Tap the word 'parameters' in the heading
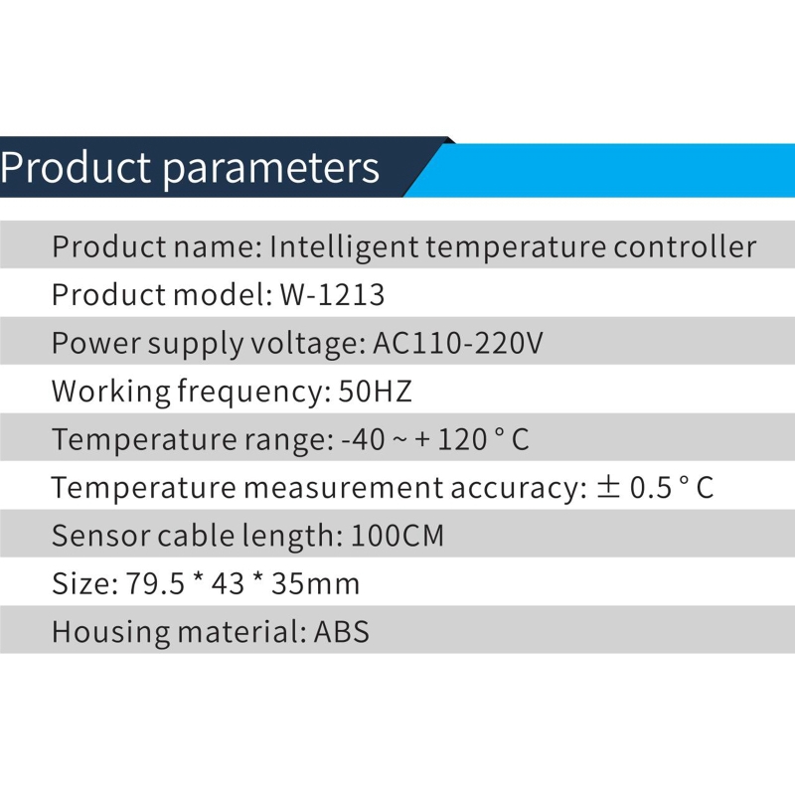[270, 170]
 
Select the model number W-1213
[332, 294]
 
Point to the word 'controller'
[685, 246]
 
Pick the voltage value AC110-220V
[458, 343]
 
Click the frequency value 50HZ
[375, 391]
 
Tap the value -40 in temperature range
[363, 439]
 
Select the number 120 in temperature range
[462, 439]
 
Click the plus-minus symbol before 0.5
[608, 487]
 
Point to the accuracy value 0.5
[651, 488]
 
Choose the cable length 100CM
[397, 536]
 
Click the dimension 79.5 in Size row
[155, 583]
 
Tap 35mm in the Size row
[315, 583]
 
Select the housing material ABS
[341, 632]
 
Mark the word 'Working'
[110, 393]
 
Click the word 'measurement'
[343, 488]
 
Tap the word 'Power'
[95, 343]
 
